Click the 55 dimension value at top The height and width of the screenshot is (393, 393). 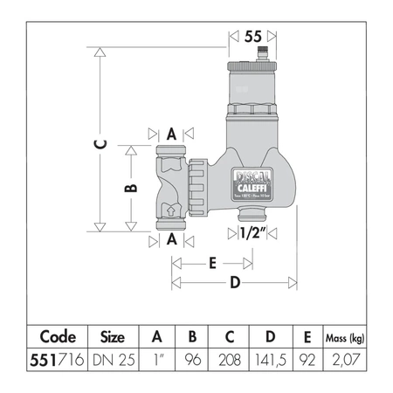click(253, 37)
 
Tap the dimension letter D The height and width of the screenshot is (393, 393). click(234, 282)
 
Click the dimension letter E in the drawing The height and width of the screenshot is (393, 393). click(211, 261)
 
